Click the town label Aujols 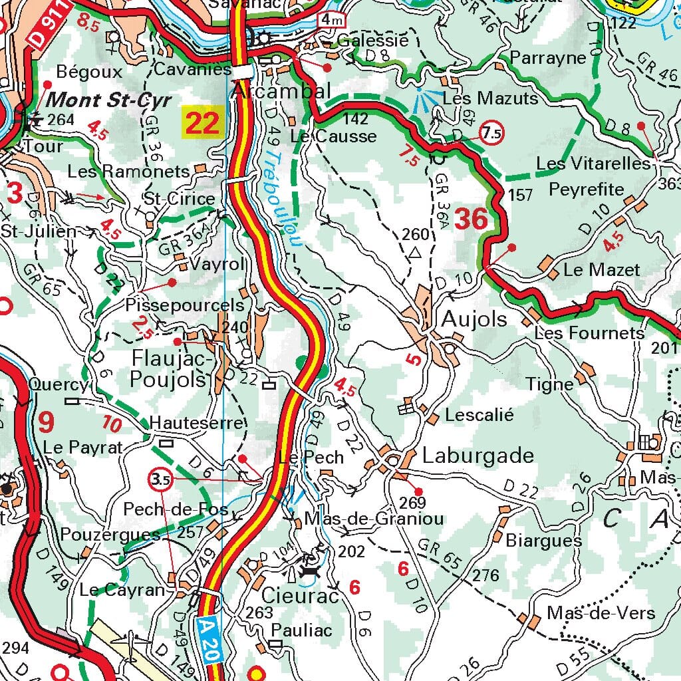click(474, 319)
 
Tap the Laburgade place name click(477, 456)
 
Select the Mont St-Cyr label click(110, 100)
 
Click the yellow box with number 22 click(202, 123)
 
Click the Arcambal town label click(281, 91)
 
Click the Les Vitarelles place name click(593, 164)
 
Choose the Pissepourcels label click(185, 305)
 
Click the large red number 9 click(46, 421)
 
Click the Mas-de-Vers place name click(601, 613)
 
